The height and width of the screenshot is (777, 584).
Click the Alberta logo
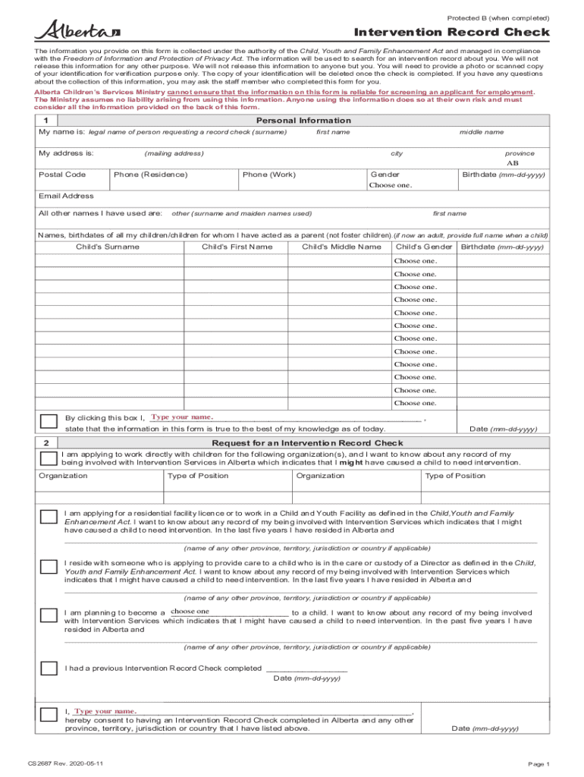point(77,30)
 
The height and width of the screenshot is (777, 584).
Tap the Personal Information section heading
point(303,121)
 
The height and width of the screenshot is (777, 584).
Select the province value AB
point(513,163)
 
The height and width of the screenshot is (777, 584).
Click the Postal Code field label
point(62,175)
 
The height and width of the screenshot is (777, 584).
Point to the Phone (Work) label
point(269,175)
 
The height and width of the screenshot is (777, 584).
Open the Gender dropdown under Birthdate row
point(391,185)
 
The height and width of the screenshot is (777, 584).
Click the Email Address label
point(66,196)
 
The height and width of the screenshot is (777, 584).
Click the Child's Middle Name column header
point(341,247)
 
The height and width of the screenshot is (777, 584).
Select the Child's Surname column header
point(107,247)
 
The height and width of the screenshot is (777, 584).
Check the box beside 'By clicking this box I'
point(48,422)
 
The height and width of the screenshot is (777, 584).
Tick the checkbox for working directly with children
point(48,458)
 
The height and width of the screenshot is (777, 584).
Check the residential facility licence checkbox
point(48,517)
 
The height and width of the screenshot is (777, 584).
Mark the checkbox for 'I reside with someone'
point(48,566)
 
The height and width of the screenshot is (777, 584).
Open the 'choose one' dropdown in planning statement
point(228,612)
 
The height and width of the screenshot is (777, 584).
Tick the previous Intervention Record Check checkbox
point(48,668)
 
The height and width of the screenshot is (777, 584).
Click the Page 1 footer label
point(538,763)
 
